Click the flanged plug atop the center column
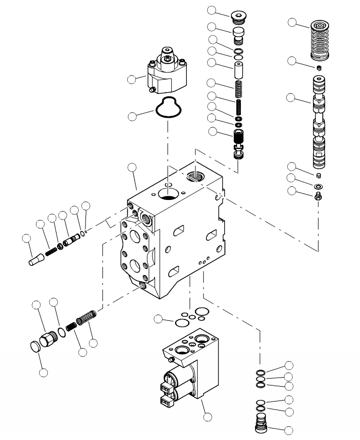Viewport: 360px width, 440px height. [x=238, y=17]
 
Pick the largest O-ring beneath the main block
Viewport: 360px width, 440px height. [x=182, y=322]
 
